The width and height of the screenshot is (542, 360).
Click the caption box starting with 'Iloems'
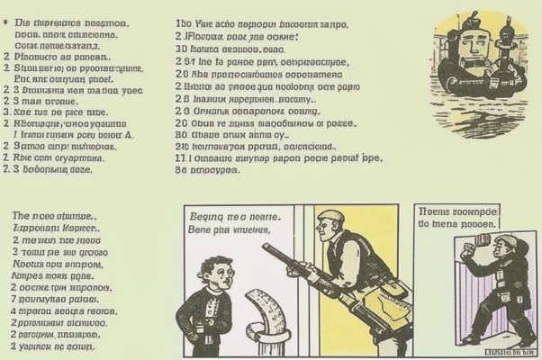pyautogui.click(x=460, y=217)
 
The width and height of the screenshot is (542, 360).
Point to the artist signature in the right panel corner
pyautogui.click(x=514, y=343)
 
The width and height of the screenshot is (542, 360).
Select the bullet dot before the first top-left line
pyautogui.click(x=7, y=17)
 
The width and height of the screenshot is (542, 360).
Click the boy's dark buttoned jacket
pyautogui.click(x=205, y=315)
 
